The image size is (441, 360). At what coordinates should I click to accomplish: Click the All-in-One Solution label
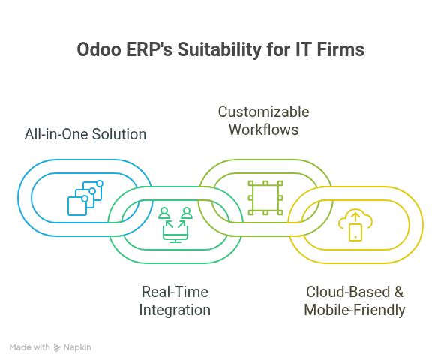pyautogui.click(x=85, y=134)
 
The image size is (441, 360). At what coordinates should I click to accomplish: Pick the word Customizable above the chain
pyautogui.click(x=263, y=112)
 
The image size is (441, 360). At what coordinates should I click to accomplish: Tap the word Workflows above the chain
pyautogui.click(x=263, y=130)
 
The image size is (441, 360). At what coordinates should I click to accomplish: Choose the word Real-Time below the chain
pyautogui.click(x=175, y=291)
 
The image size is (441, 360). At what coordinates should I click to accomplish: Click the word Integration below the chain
pyautogui.click(x=175, y=309)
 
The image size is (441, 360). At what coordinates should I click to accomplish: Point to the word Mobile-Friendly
pyautogui.click(x=355, y=309)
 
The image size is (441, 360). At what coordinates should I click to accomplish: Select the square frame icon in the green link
pyautogui.click(x=265, y=197)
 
